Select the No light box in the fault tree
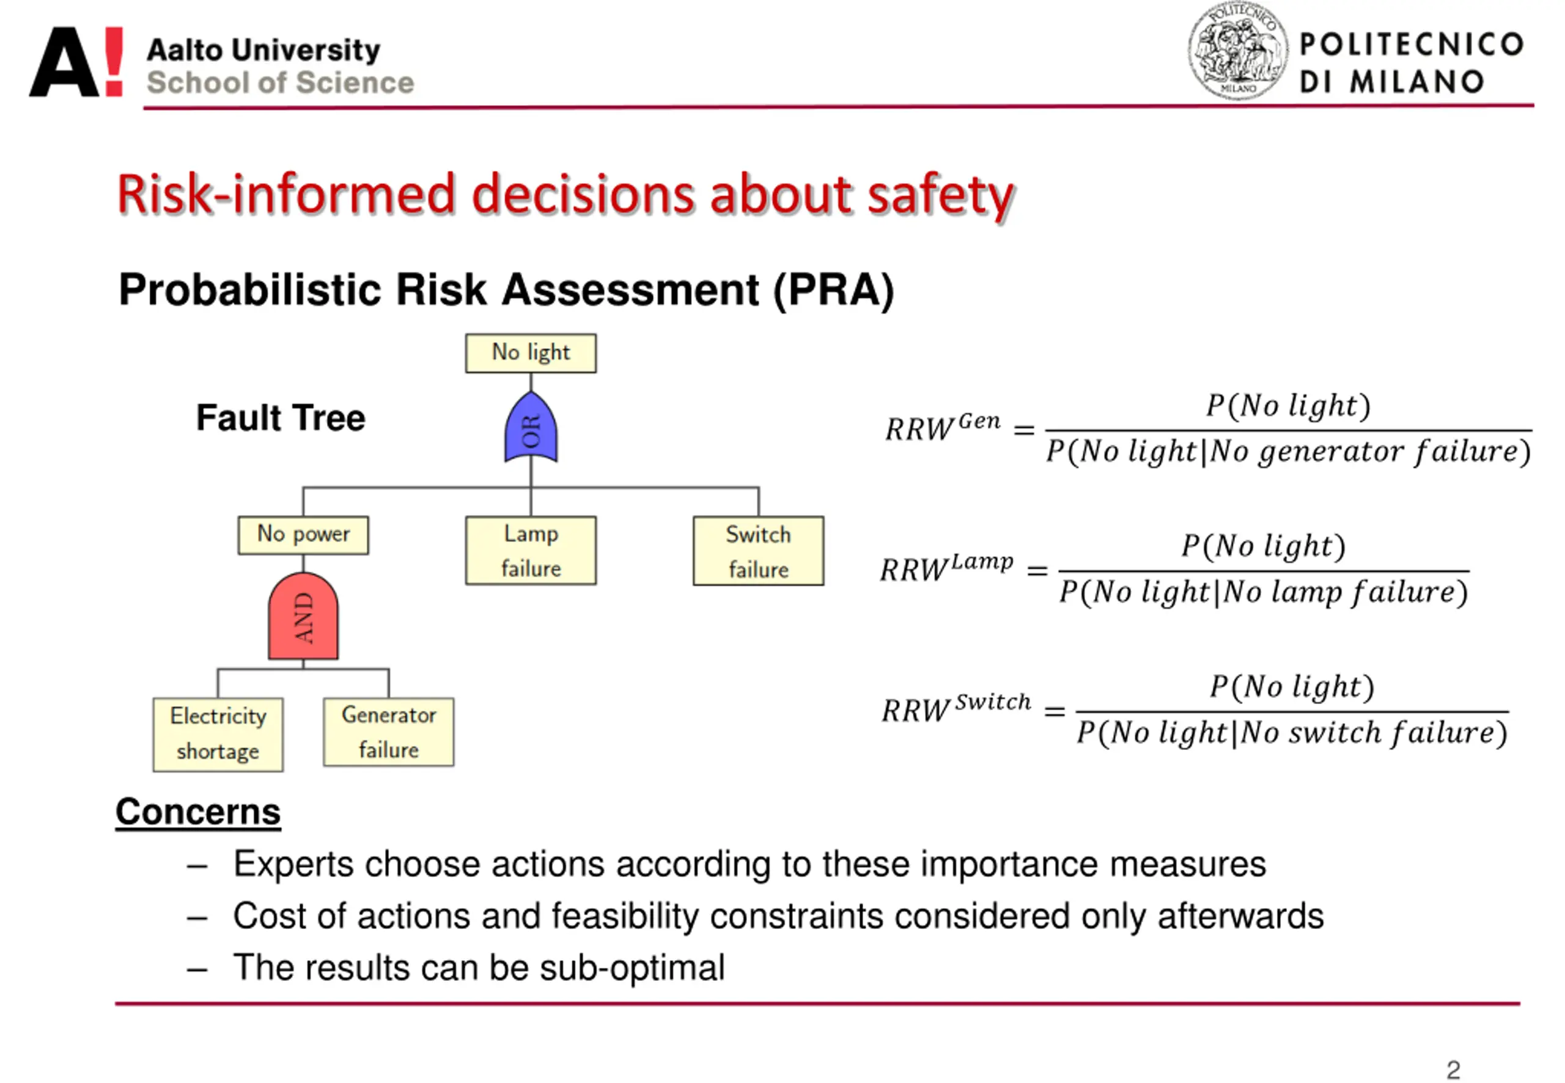click(531, 353)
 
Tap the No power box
click(303, 535)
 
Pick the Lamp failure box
click(531, 550)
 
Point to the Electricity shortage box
click(218, 734)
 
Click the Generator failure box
click(388, 732)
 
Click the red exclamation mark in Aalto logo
click(114, 61)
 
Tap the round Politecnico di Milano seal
click(1237, 51)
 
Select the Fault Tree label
click(280, 417)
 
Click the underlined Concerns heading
click(197, 812)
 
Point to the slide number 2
click(1453, 1070)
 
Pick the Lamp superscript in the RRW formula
click(981, 562)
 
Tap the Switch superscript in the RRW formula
click(992, 702)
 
